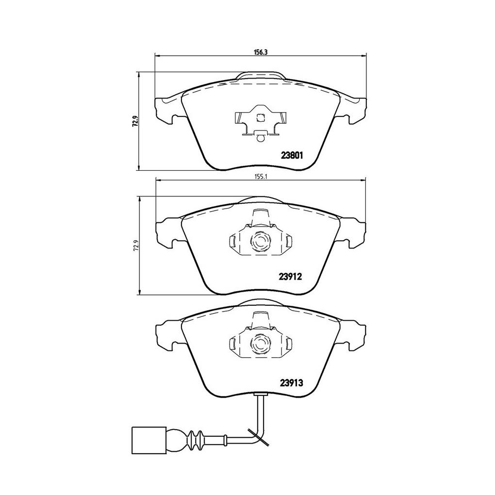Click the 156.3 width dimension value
pos(261,52)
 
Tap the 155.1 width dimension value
pos(261,177)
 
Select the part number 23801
pos(292,155)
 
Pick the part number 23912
pos(290,277)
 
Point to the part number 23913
pos(291,383)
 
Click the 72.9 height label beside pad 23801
pos(135,121)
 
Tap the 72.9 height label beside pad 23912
pos(135,245)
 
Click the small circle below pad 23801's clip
pos(261,138)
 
